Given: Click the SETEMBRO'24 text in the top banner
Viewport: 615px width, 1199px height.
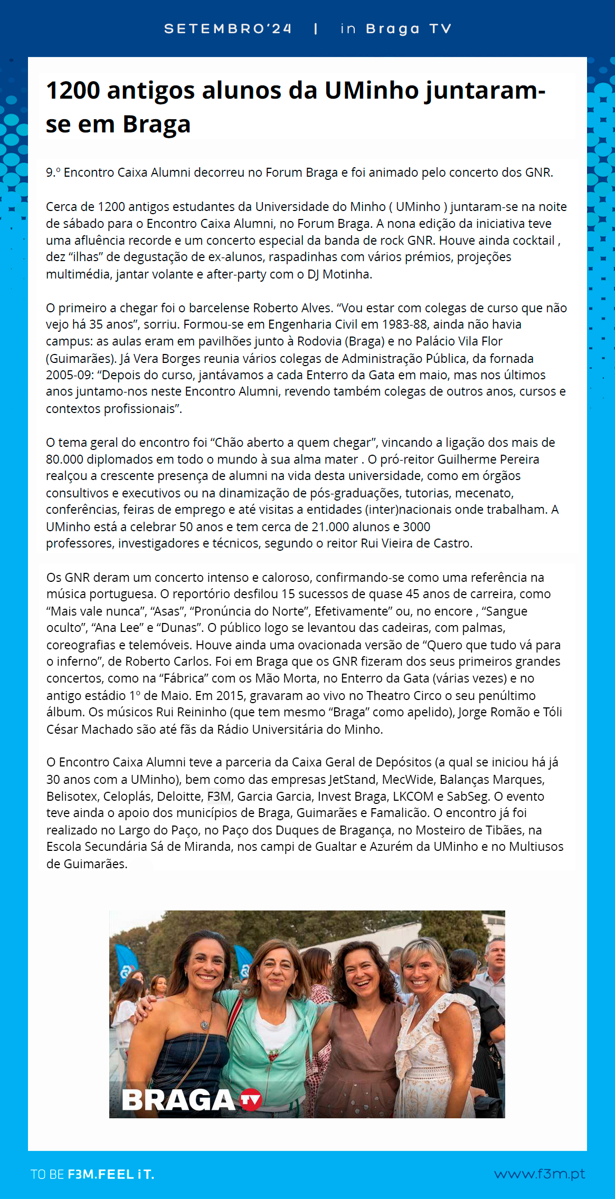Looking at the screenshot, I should [x=228, y=29].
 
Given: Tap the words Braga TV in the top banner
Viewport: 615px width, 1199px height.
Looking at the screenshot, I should [x=409, y=29].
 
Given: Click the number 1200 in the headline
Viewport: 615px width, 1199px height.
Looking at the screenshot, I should [x=73, y=91].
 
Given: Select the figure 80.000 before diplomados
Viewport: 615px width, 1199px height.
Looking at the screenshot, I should [x=64, y=459].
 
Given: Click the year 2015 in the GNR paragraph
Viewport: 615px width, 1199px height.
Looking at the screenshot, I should [x=230, y=696].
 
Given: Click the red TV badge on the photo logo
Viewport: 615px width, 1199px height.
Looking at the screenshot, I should [x=251, y=1099].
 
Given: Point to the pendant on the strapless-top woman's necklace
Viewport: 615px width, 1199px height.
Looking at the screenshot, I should [x=204, y=1025].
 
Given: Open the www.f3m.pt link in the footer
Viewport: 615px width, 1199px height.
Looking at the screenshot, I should [x=540, y=1174].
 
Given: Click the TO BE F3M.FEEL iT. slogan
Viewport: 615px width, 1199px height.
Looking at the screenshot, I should [x=92, y=1174].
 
